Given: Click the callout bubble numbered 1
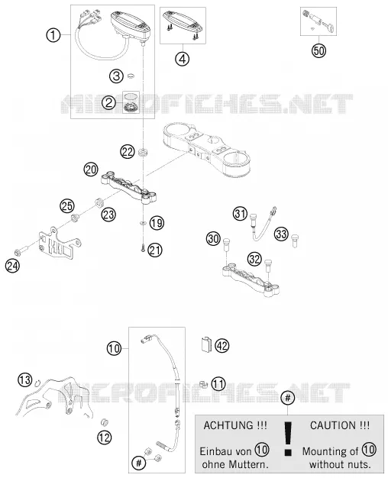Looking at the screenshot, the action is point(53,35).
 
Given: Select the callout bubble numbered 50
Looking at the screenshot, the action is point(318,50).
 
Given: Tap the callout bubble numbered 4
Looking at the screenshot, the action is point(182,59).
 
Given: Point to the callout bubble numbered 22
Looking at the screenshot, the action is point(128,151).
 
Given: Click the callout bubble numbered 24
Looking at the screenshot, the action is point(12,266).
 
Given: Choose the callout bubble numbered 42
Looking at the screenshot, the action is point(221,346).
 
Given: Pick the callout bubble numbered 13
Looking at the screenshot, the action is point(24,379).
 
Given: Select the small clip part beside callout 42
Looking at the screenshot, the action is point(206,344).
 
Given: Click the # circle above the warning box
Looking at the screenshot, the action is point(288,398).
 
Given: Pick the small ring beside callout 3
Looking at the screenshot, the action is point(131,76).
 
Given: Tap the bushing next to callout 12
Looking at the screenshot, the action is point(105,423).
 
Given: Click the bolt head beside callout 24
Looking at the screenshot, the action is point(18,253).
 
